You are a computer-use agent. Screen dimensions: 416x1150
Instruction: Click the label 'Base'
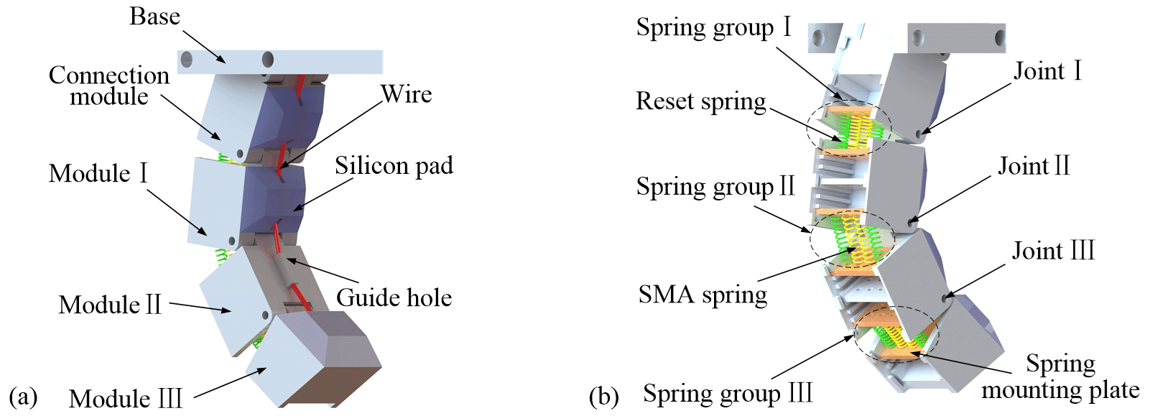pos(154,16)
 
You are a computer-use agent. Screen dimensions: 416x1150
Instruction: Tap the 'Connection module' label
pos(109,85)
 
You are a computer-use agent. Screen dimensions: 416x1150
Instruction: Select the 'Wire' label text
pos(406,93)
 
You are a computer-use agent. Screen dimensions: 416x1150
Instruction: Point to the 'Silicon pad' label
pos(394,166)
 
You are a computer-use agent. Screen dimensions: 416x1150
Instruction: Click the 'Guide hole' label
pos(394,297)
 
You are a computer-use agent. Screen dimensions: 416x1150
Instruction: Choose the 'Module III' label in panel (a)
pos(126,398)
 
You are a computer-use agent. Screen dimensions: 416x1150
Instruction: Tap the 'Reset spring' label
pos(700,101)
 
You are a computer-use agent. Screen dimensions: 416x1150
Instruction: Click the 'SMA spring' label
pos(702,295)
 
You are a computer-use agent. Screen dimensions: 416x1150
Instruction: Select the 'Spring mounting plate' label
pos(1060,376)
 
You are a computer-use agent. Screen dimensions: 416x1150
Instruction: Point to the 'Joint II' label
pos(1034,166)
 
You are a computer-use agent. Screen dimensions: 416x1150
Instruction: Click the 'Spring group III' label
pos(728,393)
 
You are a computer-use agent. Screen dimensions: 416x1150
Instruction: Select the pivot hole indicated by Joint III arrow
pos(946,295)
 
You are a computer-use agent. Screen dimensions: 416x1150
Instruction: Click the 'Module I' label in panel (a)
pos(98,173)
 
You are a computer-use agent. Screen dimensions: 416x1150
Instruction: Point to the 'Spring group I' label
pos(713,27)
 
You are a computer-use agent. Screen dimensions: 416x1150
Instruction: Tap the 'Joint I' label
pos(1047,71)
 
